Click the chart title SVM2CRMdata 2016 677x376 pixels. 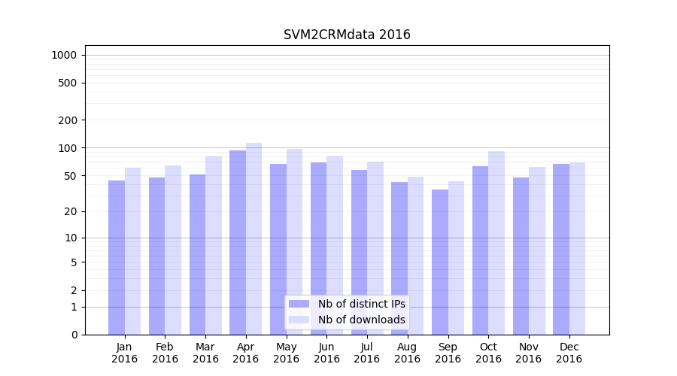pos(347,35)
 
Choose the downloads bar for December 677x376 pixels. pos(577,248)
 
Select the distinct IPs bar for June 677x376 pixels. pos(318,248)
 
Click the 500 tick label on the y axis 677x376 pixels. pos(68,83)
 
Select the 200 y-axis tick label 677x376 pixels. pos(68,120)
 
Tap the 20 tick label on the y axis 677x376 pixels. pos(71,211)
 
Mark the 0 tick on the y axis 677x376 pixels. pos(74,335)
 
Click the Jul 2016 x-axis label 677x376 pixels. pos(367,353)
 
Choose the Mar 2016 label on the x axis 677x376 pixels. pos(205,353)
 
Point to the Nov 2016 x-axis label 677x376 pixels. pos(529,353)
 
